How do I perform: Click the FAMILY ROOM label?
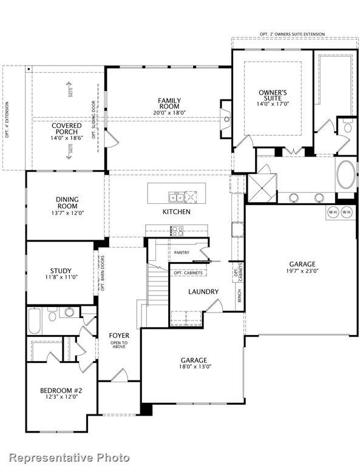[169, 104]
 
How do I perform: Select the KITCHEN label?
[176, 212]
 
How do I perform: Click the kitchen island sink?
[177, 196]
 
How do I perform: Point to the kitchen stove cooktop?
[177, 231]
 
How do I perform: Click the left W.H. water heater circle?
[333, 212]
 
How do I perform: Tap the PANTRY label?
[182, 252]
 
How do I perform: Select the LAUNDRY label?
[203, 292]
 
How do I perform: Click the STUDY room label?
[61, 271]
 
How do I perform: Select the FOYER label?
[119, 335]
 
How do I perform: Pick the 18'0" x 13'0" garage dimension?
[195, 367]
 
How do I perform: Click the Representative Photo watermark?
[69, 457]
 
